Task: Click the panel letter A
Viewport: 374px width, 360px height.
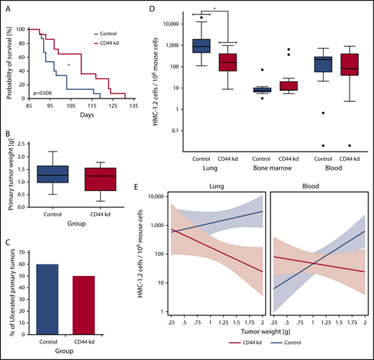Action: [10, 10]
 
